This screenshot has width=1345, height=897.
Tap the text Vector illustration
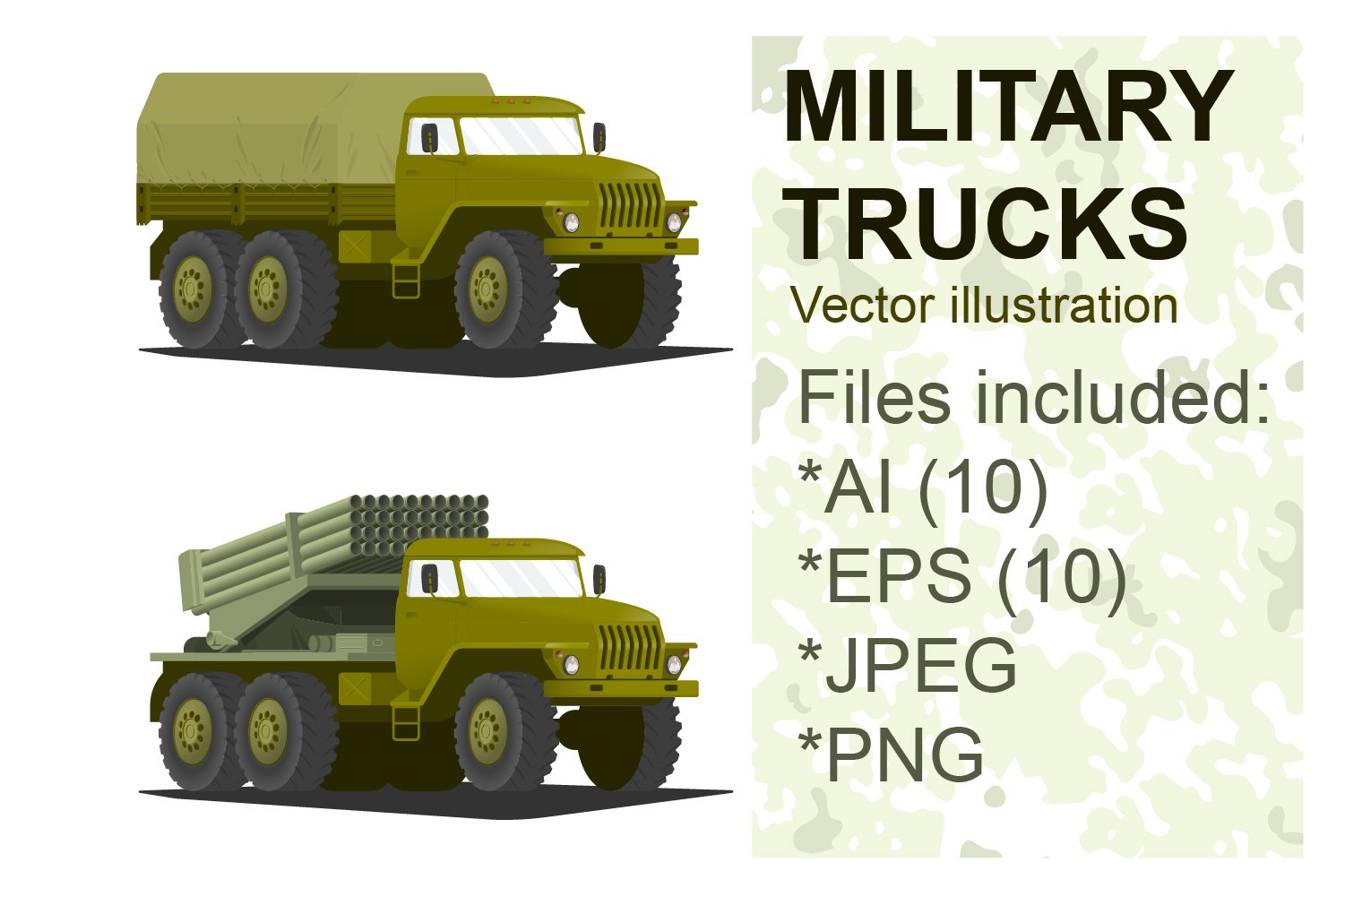coord(984,306)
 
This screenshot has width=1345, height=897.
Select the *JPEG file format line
coord(908,665)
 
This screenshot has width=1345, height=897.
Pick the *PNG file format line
coord(891,755)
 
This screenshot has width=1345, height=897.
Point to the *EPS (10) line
coord(961,575)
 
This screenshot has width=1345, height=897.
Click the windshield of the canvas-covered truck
coord(521,136)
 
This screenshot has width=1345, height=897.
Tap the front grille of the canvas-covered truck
coord(630,205)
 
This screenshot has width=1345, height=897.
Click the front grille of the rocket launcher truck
coord(630,646)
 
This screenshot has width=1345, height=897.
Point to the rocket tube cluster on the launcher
coord(421,522)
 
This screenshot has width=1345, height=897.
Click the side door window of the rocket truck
coord(422,581)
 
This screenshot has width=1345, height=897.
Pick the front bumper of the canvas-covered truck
coord(621,246)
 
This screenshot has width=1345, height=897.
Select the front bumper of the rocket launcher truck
coord(621,688)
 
